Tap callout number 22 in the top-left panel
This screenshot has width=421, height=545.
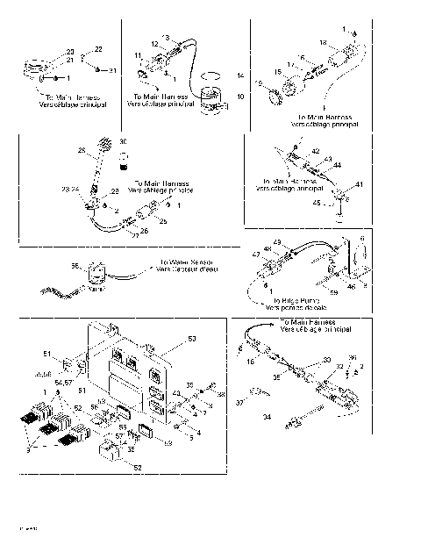[x=98, y=49]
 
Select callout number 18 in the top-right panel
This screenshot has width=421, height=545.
[x=322, y=43]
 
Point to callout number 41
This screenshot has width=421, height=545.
[x=360, y=185]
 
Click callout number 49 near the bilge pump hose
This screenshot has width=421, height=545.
[x=277, y=242]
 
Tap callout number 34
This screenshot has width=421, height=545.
[x=267, y=418]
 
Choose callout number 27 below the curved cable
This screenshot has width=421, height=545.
[x=134, y=235]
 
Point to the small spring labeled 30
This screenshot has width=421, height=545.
[x=124, y=159]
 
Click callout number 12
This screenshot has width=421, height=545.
[x=154, y=44]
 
